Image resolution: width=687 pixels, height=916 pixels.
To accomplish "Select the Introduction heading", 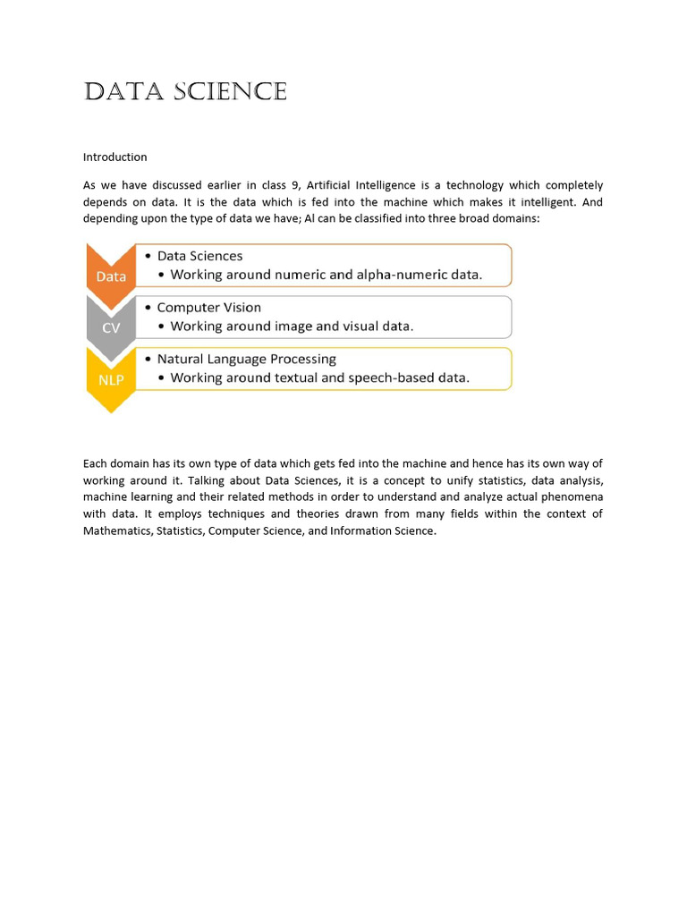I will [114, 157].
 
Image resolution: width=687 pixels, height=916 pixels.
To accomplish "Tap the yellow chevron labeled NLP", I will [111, 379].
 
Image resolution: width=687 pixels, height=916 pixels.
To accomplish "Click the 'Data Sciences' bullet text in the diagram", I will [199, 256].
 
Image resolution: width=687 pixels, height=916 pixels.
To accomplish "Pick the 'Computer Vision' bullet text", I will [208, 308].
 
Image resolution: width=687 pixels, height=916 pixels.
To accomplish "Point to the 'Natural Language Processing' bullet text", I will [246, 360].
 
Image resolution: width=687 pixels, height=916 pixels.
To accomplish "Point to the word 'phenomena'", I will [572, 497].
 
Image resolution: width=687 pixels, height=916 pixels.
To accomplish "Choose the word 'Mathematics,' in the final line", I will [118, 531].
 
